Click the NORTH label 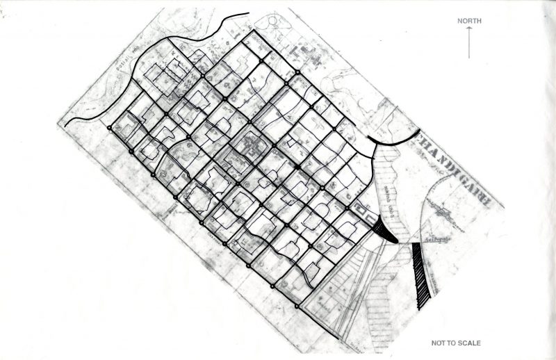point(469,21)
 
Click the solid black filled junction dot point(297,168)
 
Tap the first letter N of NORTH point(459,21)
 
